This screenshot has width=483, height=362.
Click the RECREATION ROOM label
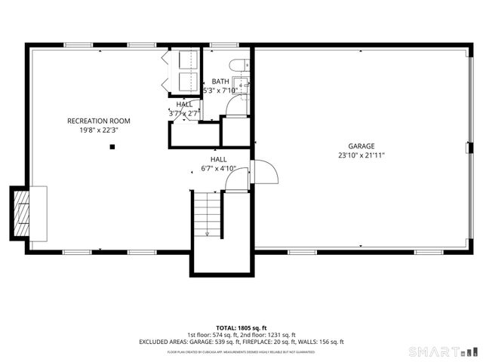99,121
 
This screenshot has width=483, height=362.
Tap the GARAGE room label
361,146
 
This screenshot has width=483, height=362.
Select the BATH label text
220,81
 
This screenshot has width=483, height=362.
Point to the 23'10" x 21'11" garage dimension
361,155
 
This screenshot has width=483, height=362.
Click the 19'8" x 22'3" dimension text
99,130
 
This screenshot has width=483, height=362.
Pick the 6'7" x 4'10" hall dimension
218,168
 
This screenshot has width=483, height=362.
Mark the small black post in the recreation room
112,148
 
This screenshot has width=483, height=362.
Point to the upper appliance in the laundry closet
186,61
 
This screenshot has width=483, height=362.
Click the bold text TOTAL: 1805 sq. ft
241,328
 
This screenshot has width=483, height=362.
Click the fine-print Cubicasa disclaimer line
241,351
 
